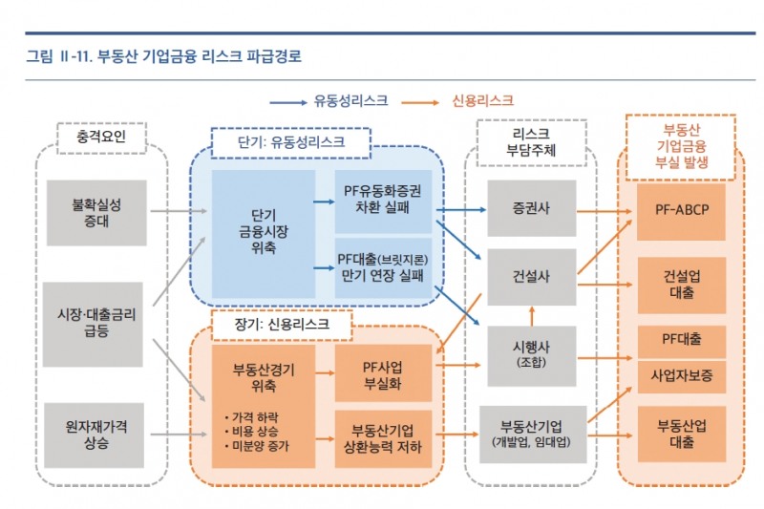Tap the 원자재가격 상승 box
point(95,435)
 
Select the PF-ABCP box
point(682,209)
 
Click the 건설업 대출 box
point(682,285)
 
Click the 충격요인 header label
point(99,139)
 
